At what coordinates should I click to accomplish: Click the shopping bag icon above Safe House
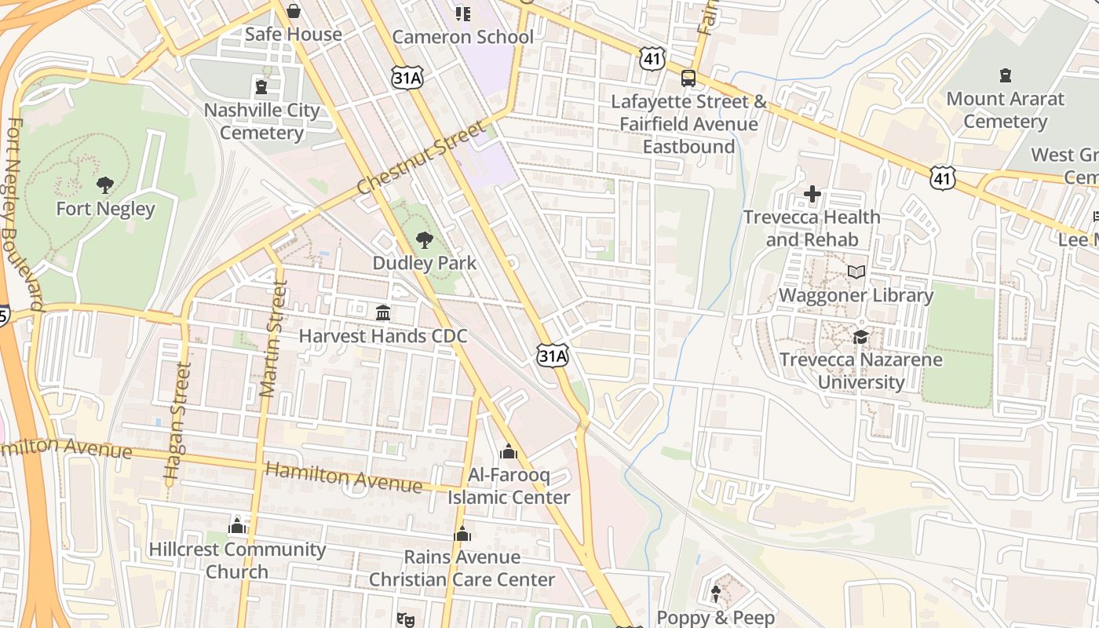tap(293, 11)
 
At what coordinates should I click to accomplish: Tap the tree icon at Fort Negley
tap(104, 185)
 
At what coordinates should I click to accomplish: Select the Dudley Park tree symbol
tap(425, 239)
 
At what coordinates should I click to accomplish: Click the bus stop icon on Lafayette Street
tap(688, 78)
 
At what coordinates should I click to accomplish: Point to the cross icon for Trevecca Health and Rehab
tap(812, 193)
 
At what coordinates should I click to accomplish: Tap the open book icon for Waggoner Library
tap(856, 272)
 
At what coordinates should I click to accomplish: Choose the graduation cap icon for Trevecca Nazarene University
tap(861, 337)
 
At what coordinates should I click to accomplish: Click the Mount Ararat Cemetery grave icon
tap(1005, 75)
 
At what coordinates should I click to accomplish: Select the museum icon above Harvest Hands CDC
tap(383, 313)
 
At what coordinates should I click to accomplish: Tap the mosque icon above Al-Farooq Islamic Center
tap(508, 452)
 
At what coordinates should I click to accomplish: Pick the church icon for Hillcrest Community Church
tap(237, 526)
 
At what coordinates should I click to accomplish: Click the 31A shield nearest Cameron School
tap(407, 76)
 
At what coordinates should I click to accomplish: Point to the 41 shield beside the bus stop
tap(652, 58)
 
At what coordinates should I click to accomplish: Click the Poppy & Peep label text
tap(715, 618)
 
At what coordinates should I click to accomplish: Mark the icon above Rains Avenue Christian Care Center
tap(462, 534)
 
